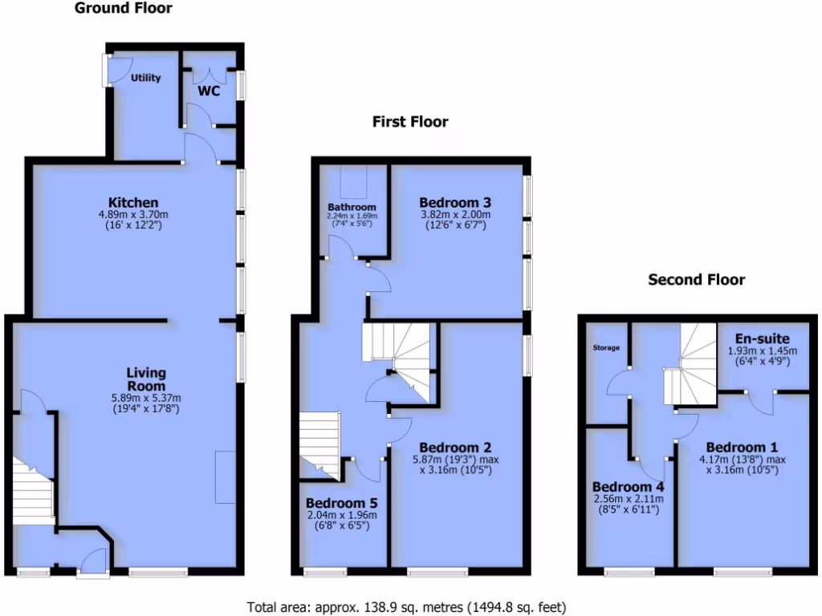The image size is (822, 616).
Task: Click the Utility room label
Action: [x=146, y=78]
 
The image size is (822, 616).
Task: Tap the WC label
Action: [x=209, y=91]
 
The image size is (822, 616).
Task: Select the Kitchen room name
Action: [x=133, y=202]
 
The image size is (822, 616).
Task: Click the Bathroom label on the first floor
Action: [x=352, y=207]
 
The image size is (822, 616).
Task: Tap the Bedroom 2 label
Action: [x=455, y=447]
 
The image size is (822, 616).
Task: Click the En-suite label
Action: [x=762, y=338]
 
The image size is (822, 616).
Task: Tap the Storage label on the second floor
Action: [x=607, y=348]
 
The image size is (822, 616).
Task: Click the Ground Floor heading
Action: [x=123, y=9]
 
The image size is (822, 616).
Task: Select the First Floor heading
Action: [x=410, y=122]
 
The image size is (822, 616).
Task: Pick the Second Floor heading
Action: [x=696, y=280]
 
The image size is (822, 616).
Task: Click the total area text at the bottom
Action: [x=410, y=607]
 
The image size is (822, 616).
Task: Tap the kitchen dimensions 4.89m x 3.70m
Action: [x=133, y=215]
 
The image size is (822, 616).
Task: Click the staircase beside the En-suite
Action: [x=690, y=365]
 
